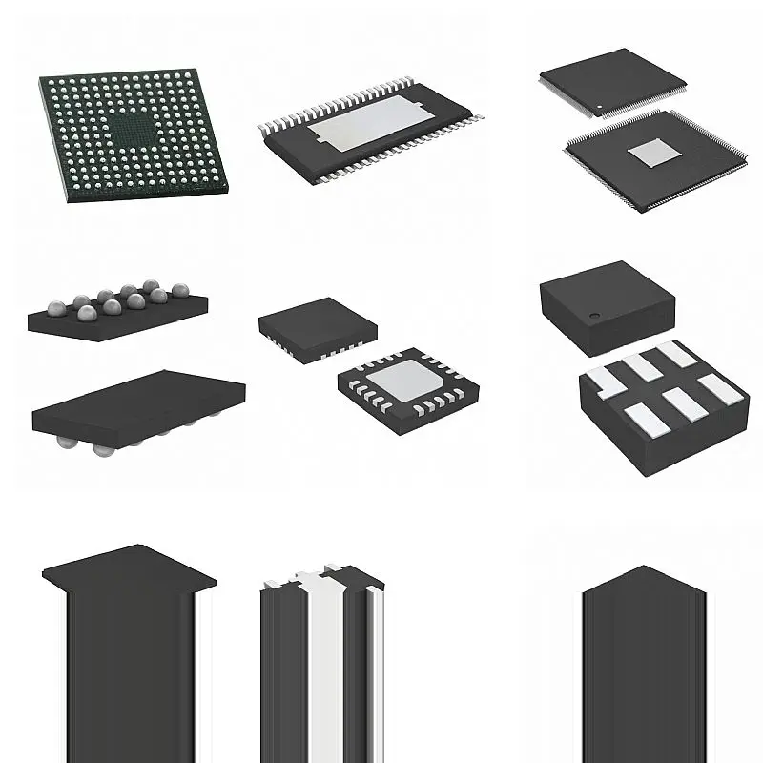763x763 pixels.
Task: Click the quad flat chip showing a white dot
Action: [x=613, y=81]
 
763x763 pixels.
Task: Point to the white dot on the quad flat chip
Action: [x=600, y=106]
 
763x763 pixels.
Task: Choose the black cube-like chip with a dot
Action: [x=607, y=305]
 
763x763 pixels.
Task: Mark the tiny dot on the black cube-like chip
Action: [x=593, y=315]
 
